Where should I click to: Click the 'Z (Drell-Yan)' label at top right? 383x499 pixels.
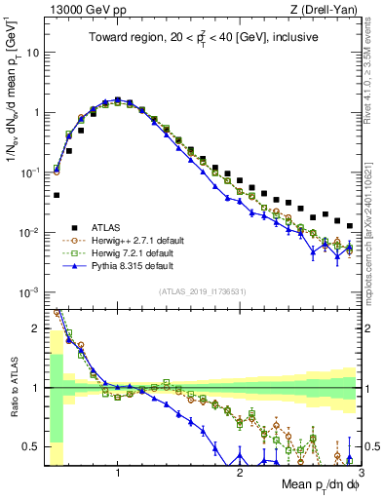[328, 11]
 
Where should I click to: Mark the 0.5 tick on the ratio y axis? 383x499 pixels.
[32, 447]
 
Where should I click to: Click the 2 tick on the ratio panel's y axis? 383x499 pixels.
[36, 327]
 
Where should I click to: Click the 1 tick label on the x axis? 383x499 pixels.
[118, 474]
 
